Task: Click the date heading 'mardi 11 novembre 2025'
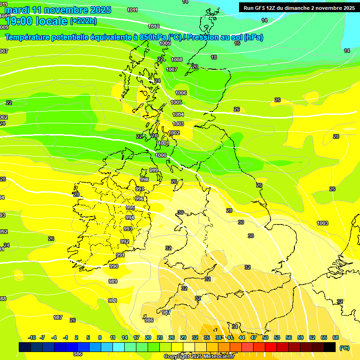[58, 10]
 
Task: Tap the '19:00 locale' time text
[36, 20]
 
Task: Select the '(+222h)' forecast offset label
[83, 21]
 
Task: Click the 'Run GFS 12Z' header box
[299, 7]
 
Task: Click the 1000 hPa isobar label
[161, 155]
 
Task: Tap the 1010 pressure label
[153, 27]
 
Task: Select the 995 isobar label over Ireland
[130, 208]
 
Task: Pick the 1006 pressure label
[181, 93]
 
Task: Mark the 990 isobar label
[113, 266]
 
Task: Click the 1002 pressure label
[174, 133]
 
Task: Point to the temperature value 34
[235, 326]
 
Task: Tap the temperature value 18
[214, 57]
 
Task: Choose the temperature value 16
[237, 43]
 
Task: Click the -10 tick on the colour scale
[32, 337]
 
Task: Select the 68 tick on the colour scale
[336, 337]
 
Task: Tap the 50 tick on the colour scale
[265, 337]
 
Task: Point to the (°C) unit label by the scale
[344, 348]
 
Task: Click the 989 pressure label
[112, 282]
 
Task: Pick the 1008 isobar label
[177, 60]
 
